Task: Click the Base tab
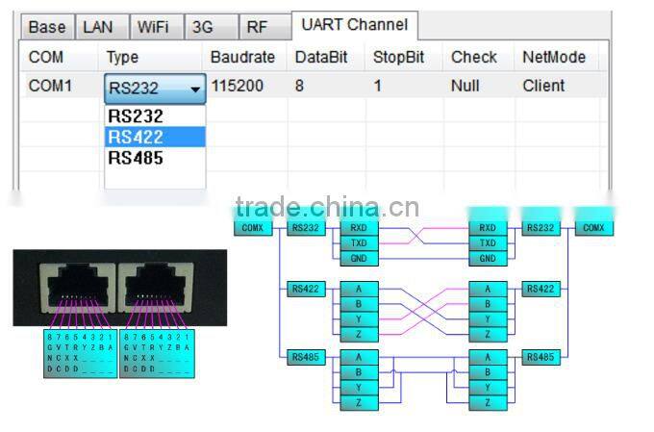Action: click(x=47, y=28)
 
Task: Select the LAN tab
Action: click(x=97, y=28)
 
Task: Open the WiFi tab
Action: click(x=152, y=28)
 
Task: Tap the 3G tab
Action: click(x=203, y=28)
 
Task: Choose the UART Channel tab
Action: click(x=354, y=25)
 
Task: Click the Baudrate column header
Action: click(x=242, y=58)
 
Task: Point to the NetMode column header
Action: click(x=554, y=58)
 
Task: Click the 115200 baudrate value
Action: click(x=237, y=86)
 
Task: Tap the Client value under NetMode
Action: click(x=543, y=86)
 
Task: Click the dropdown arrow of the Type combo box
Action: click(x=196, y=89)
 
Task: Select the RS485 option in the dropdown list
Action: click(x=136, y=158)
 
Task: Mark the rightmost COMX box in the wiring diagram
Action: click(x=593, y=228)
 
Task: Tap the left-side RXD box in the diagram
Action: click(x=358, y=228)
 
